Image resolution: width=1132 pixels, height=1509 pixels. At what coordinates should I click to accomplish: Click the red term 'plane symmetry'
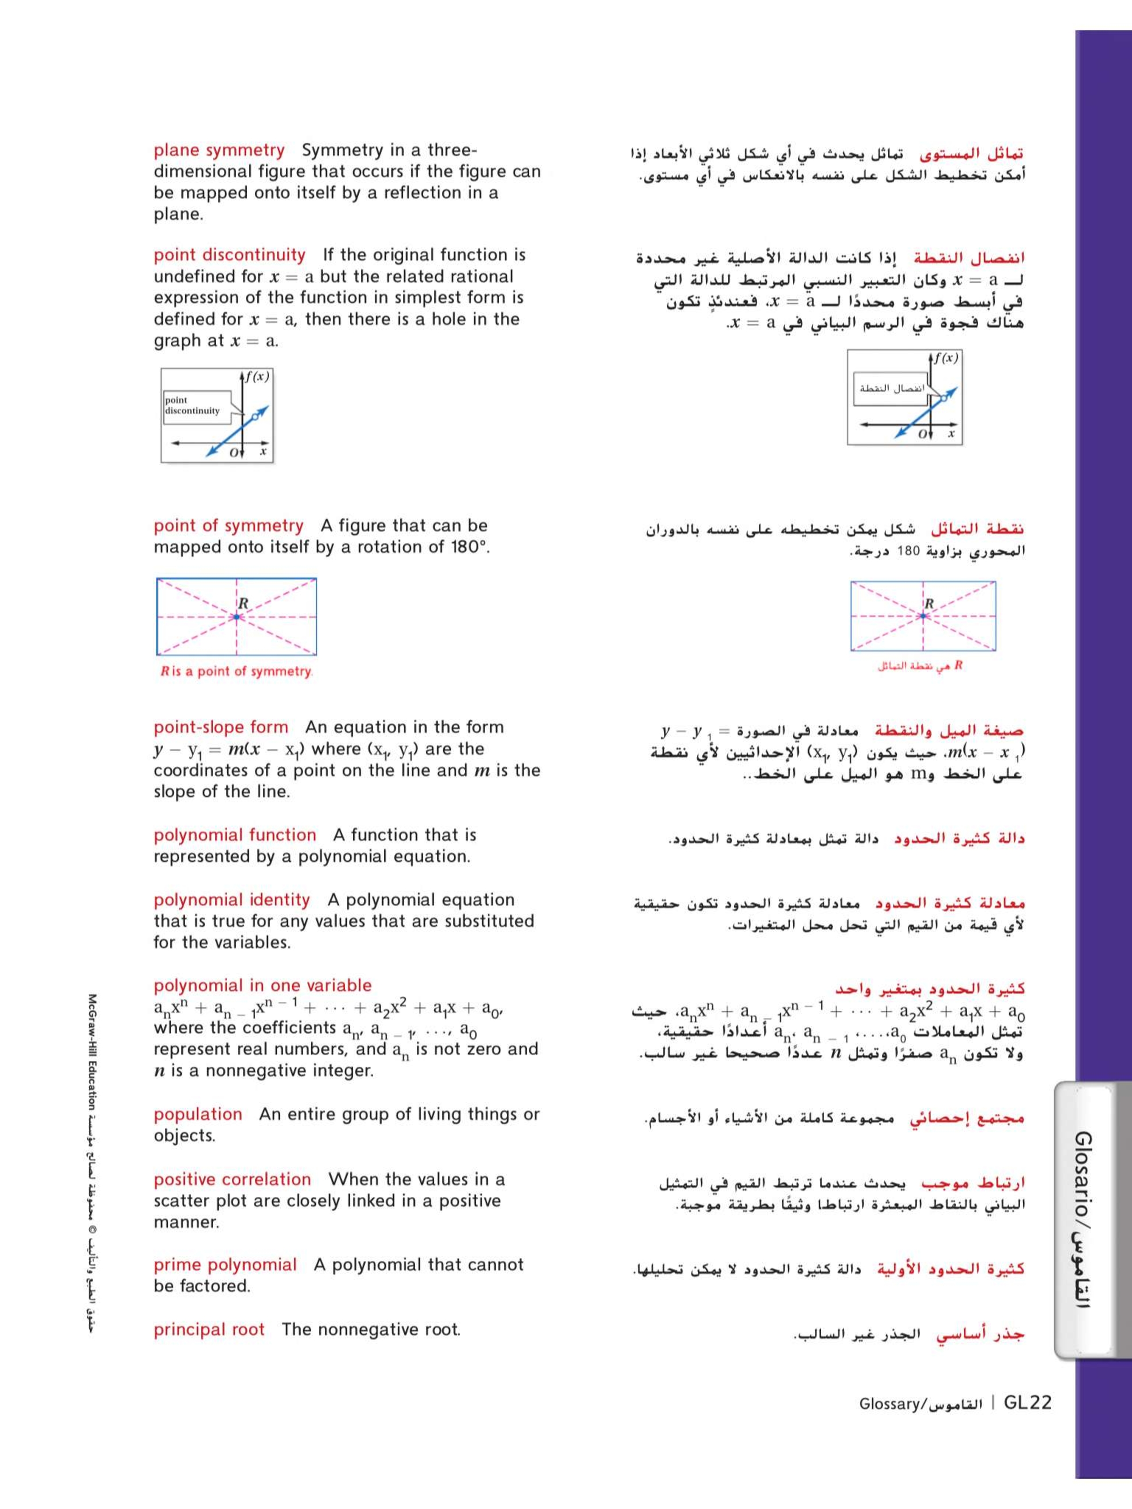click(218, 150)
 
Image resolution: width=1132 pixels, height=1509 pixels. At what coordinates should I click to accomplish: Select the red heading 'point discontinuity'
click(229, 255)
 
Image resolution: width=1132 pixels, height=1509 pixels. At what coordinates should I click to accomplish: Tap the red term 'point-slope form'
click(220, 727)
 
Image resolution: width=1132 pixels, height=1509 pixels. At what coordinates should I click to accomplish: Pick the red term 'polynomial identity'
click(231, 900)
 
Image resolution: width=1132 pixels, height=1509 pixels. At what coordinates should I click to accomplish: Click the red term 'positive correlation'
click(232, 1180)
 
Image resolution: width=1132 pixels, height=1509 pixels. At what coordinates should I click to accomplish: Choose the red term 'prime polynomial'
click(225, 1265)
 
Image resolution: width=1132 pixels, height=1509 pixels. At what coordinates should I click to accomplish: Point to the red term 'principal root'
click(209, 1329)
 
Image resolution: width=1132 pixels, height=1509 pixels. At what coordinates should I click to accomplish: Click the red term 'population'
click(197, 1114)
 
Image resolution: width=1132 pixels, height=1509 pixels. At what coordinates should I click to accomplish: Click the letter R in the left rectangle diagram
click(243, 603)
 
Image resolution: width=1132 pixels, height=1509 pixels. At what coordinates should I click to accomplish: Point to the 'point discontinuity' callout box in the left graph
click(196, 406)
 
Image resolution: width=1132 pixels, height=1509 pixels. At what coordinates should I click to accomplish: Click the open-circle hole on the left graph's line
click(255, 416)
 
